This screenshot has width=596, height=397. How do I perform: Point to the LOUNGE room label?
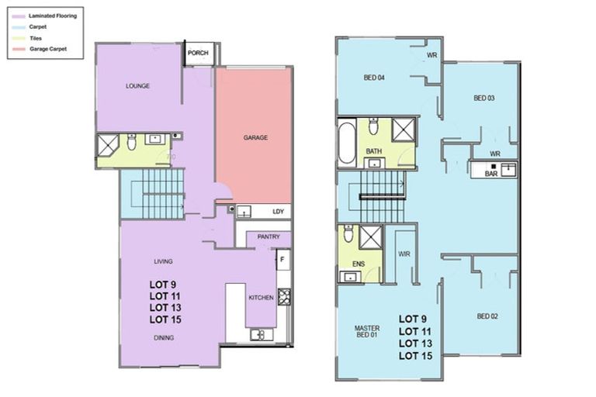click(x=137, y=86)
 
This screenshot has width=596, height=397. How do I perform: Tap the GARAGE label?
click(x=255, y=138)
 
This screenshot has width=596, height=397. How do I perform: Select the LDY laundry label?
click(x=277, y=212)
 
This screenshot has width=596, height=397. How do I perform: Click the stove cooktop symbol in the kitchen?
click(x=284, y=297)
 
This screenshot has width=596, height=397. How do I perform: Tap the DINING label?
click(x=163, y=338)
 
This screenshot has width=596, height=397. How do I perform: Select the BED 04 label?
click(x=375, y=78)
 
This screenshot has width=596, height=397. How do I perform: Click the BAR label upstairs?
click(x=490, y=174)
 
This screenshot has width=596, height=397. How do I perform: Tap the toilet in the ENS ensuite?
click(x=348, y=233)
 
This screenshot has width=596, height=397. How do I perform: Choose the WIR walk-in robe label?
click(x=404, y=253)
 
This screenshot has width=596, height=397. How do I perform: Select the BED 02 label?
click(x=487, y=316)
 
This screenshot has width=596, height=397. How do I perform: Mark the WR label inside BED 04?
click(x=431, y=56)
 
